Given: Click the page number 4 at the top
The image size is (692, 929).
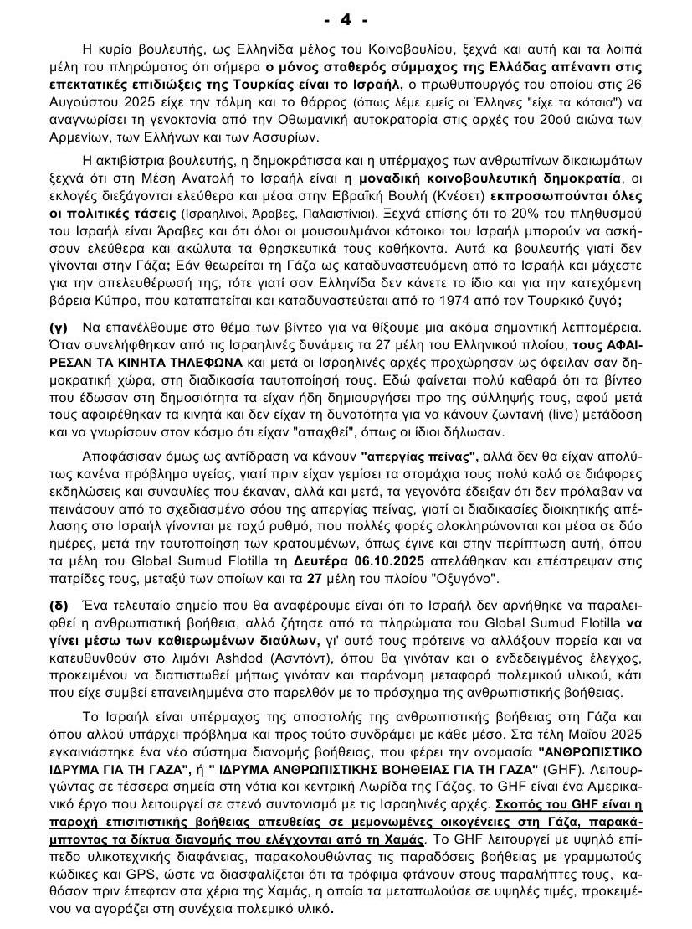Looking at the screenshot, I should tap(344, 19).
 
